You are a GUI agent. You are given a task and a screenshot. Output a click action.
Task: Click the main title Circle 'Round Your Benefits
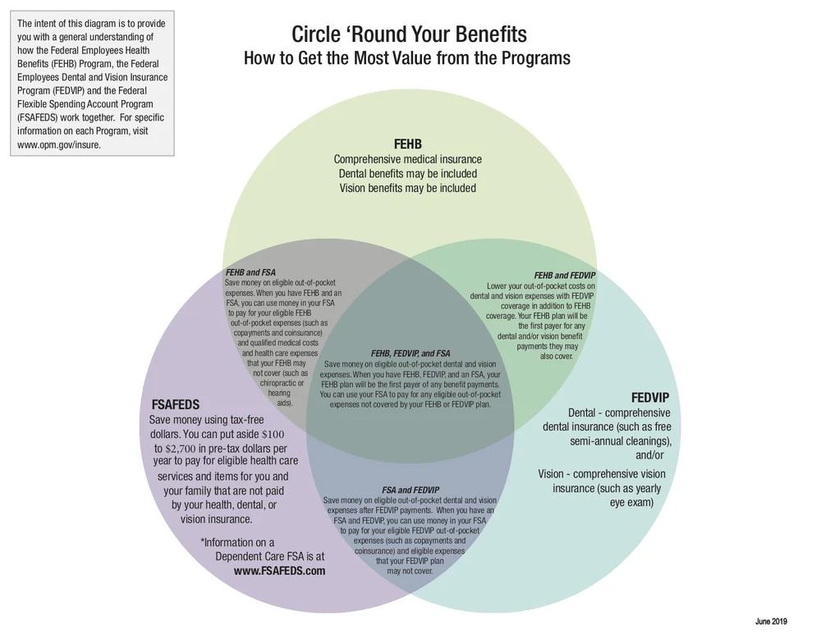(x=409, y=35)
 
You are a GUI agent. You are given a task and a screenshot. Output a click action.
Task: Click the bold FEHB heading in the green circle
(x=408, y=144)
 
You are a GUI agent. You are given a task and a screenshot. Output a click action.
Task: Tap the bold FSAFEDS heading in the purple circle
(x=176, y=404)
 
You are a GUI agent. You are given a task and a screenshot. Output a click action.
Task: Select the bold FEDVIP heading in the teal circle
(x=650, y=397)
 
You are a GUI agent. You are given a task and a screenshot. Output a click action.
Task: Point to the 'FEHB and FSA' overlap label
(x=250, y=271)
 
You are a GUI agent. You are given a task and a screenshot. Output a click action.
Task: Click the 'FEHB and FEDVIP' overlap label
(x=565, y=275)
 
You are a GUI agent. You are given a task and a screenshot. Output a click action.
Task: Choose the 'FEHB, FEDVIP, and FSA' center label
(x=410, y=353)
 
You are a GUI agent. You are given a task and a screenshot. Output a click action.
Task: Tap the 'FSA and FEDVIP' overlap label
(x=410, y=490)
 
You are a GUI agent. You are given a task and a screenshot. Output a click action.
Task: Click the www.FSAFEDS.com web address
(x=279, y=571)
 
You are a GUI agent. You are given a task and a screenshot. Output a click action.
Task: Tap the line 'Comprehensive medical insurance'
(x=407, y=159)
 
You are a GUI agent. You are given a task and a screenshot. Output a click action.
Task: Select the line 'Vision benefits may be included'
(x=407, y=188)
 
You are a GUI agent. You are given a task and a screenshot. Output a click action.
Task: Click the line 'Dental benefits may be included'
(x=407, y=174)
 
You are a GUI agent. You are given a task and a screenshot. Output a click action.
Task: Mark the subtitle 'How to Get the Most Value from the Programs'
(x=406, y=59)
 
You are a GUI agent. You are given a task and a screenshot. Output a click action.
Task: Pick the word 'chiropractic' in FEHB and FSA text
(x=282, y=383)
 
